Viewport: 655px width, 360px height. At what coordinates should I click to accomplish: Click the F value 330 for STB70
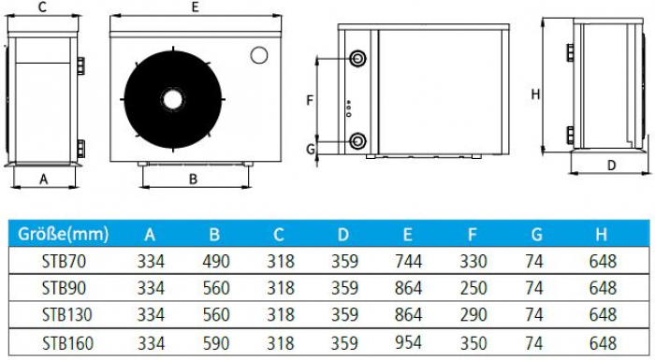(473, 262)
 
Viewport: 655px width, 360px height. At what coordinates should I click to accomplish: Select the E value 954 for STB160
(408, 342)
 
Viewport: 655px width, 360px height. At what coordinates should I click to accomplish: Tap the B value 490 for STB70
(216, 262)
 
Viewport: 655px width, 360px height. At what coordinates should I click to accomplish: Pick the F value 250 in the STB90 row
(473, 288)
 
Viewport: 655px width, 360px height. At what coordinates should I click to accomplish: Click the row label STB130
(66, 315)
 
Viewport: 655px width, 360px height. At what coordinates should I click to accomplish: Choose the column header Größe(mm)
(63, 235)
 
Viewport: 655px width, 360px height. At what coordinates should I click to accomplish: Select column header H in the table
(601, 235)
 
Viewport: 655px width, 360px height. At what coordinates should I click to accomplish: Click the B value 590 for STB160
(216, 343)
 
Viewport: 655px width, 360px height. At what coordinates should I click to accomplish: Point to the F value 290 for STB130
(473, 315)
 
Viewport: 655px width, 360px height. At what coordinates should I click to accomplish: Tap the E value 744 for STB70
(408, 262)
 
